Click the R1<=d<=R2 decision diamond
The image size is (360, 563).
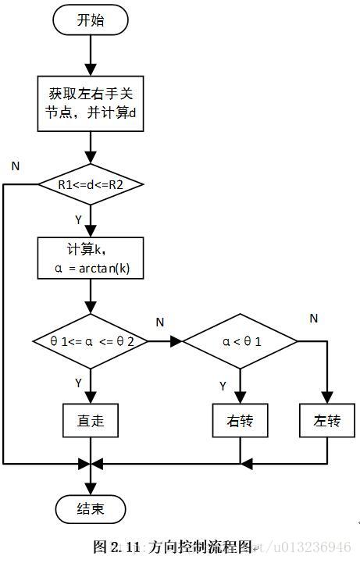coord(91,185)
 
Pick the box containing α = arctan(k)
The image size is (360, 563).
coord(91,258)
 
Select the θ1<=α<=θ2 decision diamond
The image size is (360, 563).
coord(91,341)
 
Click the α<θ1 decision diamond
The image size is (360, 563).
coord(240,341)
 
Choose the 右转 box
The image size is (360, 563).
coord(240,421)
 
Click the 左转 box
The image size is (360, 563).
coord(328,421)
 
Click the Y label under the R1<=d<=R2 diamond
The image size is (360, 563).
coord(78,220)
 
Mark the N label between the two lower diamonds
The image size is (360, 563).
coord(159,322)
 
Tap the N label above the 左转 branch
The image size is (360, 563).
coord(313,318)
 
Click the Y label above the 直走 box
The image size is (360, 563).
coord(78,383)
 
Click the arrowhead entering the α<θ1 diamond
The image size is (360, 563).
coord(176,341)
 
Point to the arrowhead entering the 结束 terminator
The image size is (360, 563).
coord(91,489)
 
